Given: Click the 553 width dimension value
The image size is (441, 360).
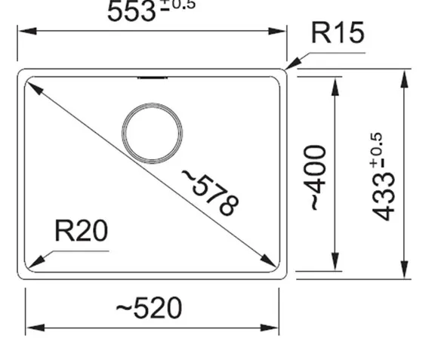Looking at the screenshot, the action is (131, 11).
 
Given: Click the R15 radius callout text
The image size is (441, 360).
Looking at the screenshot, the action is (338, 32).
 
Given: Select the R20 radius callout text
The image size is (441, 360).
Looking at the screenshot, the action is (82, 231).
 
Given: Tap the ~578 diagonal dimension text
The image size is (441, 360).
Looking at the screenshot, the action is (211, 192).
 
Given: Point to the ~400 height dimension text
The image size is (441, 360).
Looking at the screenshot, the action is (316, 177).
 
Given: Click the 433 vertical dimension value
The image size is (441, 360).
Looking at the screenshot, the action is (383, 196).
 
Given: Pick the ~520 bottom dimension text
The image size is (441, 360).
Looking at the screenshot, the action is (149, 308).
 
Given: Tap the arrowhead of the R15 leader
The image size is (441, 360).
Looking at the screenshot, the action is (292, 63).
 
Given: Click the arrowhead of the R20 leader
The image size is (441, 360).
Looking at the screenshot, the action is (35, 262).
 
